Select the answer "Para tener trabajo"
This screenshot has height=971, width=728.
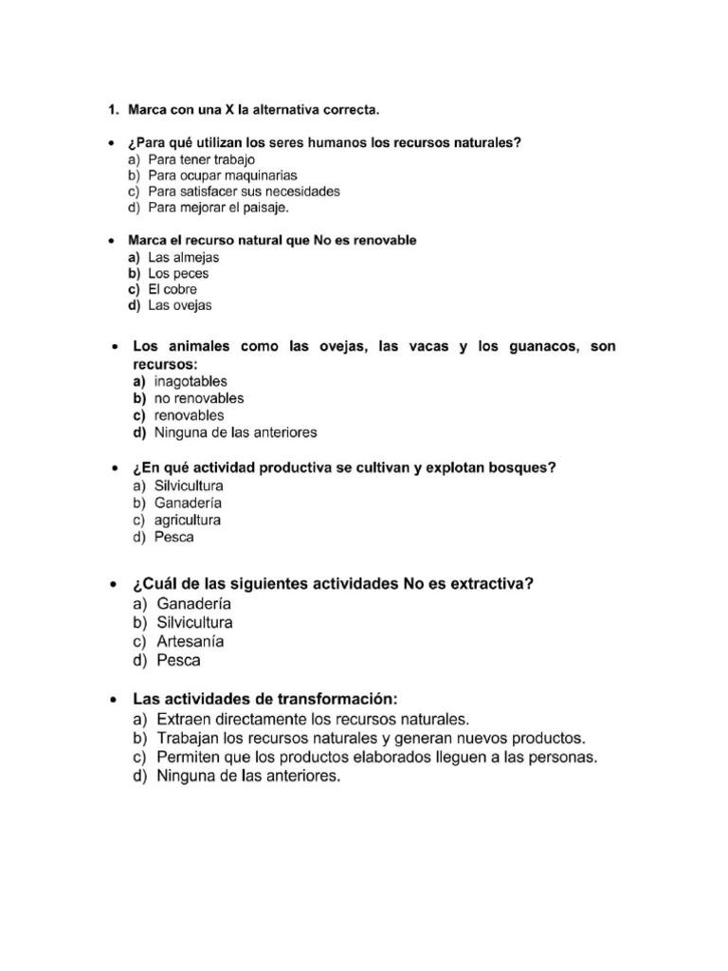tap(202, 160)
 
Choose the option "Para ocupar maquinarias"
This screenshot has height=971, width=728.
tap(223, 175)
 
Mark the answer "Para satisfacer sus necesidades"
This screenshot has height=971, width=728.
tap(245, 191)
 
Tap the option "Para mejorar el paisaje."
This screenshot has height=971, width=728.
tap(218, 207)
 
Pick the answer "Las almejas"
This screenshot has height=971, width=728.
tap(185, 257)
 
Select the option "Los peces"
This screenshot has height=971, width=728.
tap(179, 273)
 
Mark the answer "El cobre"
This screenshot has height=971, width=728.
tap(173, 289)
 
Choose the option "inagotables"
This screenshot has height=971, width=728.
tap(191, 381)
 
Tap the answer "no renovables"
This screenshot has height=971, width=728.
tap(199, 398)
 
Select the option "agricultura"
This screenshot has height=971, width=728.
tap(188, 520)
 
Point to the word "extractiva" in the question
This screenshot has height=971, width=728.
tap(490, 584)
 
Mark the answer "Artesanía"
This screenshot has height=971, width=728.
tap(191, 642)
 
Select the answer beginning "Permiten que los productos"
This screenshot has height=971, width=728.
tap(377, 757)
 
